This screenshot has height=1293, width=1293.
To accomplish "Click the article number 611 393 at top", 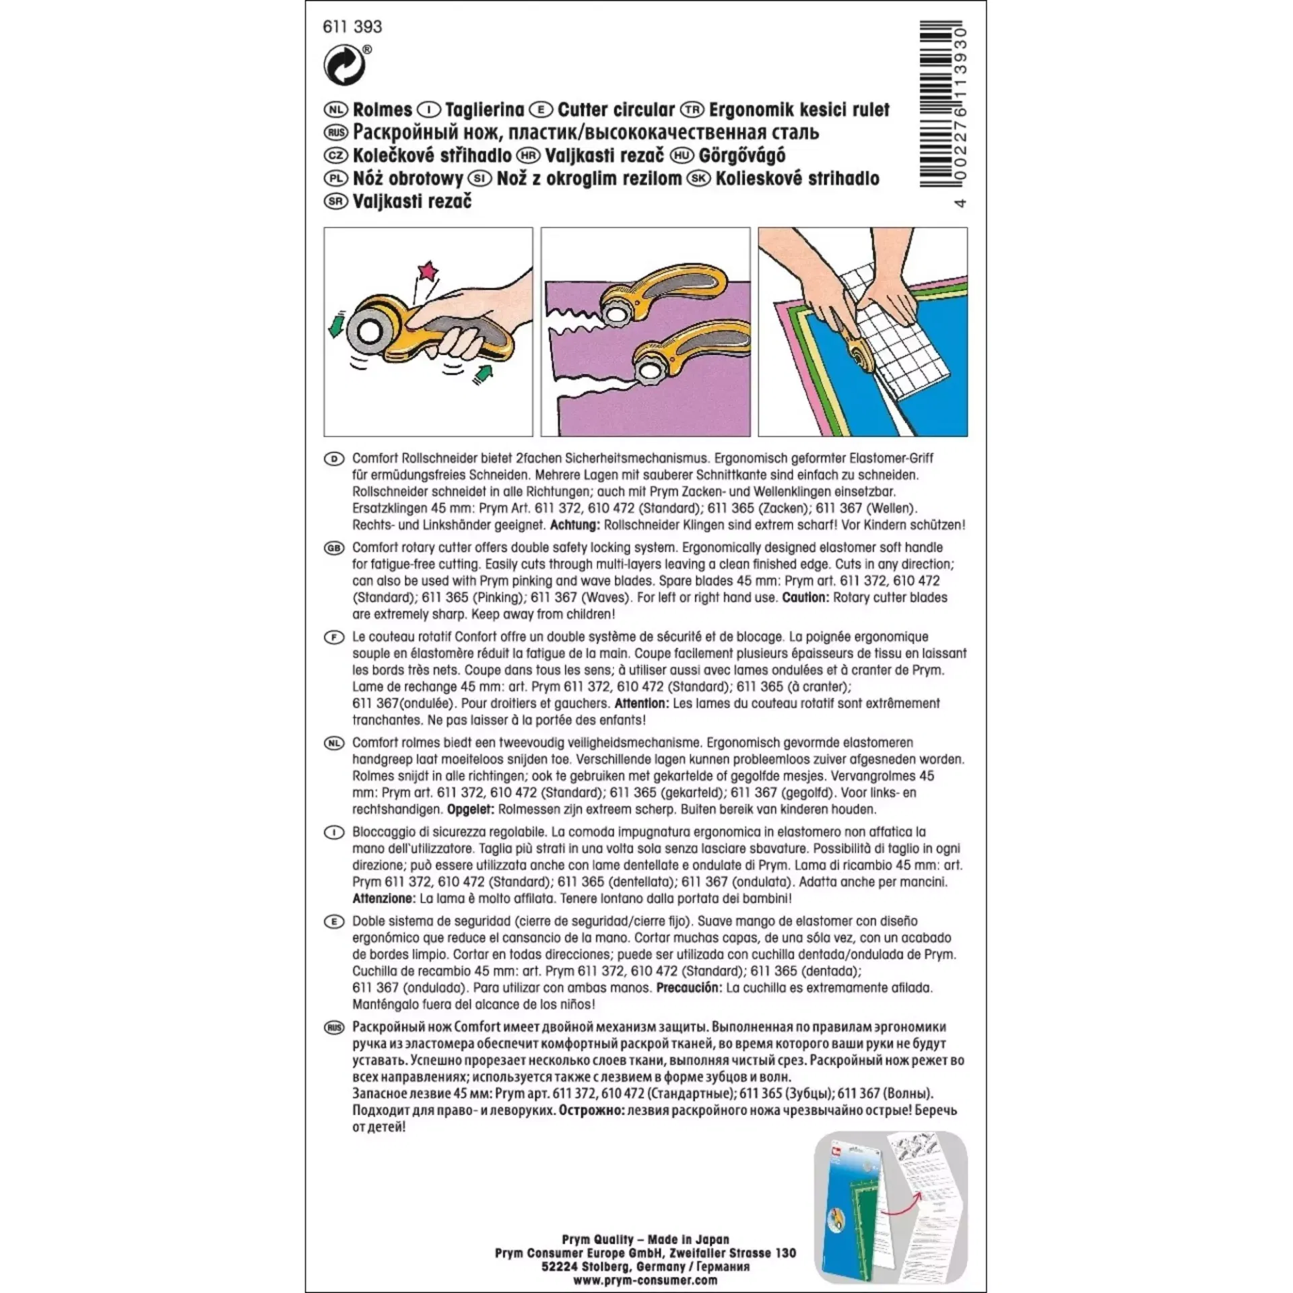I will coord(352,27).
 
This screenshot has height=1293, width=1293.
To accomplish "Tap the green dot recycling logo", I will coord(344,66).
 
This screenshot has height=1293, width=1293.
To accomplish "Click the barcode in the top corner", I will coord(941,104).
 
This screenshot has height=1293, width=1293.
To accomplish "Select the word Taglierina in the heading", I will coord(484,110).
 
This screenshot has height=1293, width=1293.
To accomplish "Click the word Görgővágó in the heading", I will coord(741,156).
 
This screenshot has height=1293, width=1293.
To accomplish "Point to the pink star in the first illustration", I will coord(428,271).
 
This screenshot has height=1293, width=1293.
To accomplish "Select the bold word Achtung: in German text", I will coord(574,525).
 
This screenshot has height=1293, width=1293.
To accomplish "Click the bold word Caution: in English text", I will coord(805,598).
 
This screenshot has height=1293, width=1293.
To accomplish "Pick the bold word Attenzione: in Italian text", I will coord(383,898).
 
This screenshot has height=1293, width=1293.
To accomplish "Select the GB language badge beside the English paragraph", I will coord(334,548).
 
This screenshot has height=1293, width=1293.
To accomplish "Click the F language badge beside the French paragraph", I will coord(334,637).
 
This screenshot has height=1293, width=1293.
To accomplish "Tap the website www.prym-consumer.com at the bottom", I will coord(645,1280).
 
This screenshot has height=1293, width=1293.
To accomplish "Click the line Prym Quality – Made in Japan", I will coord(645,1240).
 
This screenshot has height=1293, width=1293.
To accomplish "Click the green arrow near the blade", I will coord(335,323).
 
